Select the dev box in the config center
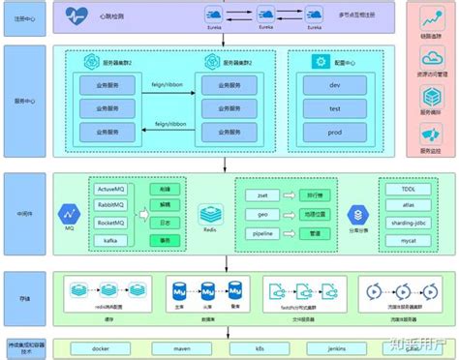pyautogui.click(x=336, y=86)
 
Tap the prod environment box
pyautogui.click(x=336, y=130)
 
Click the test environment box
pyautogui.click(x=336, y=108)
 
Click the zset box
pyautogui.click(x=260, y=195)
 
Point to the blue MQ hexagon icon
pyautogui.click(x=70, y=212)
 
